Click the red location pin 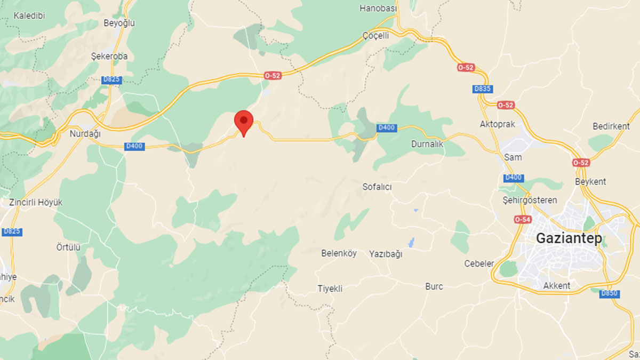point(244,121)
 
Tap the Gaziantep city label point(569,238)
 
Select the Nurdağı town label point(85,134)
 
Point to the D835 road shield point(483,89)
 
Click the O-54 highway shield point(523,219)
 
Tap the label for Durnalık point(427,144)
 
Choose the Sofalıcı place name point(377,187)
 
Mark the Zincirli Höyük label point(36,203)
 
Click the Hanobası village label point(379,9)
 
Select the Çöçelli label point(375,35)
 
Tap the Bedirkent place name point(611,126)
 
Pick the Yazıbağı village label point(386,254)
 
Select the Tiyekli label point(330,289)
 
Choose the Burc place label point(434,286)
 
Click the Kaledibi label point(29,15)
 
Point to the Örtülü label point(68,247)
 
